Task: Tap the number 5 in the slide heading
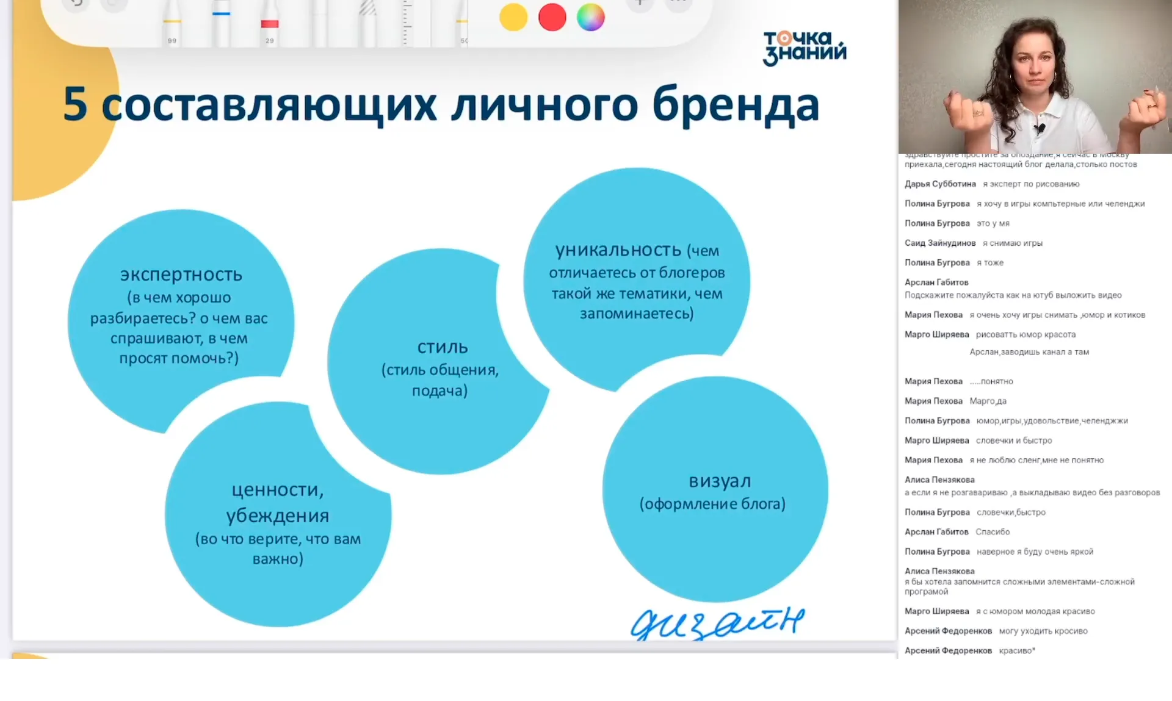(x=75, y=104)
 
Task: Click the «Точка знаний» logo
(x=805, y=48)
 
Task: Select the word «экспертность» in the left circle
(x=181, y=275)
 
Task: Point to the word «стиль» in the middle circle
(x=443, y=347)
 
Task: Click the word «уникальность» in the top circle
(x=618, y=250)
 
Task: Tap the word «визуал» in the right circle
(x=720, y=481)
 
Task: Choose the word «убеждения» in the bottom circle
(x=278, y=516)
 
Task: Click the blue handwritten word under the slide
(x=717, y=623)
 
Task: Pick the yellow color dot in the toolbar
(x=513, y=17)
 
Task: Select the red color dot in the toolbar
(x=552, y=17)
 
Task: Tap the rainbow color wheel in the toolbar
(x=590, y=17)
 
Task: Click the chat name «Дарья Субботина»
(x=940, y=184)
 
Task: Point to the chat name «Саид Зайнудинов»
(x=940, y=243)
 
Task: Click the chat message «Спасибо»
(x=993, y=532)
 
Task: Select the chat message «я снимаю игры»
(x=1013, y=243)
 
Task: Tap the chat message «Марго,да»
(x=988, y=401)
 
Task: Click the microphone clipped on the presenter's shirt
(x=1039, y=129)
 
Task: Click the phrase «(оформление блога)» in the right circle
(x=712, y=504)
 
